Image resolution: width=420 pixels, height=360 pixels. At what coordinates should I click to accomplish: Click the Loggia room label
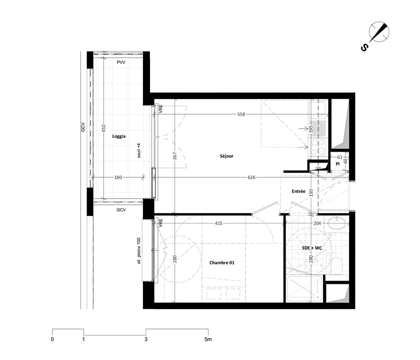(119, 137)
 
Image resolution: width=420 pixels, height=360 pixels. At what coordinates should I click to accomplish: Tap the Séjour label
(227, 156)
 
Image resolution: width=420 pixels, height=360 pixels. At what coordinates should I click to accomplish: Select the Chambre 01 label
(222, 263)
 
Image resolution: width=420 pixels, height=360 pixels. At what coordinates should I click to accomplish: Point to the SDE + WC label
(312, 248)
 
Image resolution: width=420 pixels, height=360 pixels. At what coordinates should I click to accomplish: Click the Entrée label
(298, 191)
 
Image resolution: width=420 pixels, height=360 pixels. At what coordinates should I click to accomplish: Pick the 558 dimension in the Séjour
(241, 114)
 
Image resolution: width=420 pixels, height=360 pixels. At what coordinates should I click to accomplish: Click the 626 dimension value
(252, 177)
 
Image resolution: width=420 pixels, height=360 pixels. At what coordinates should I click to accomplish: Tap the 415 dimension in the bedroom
(218, 223)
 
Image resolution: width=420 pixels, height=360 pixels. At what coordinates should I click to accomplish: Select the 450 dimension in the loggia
(104, 128)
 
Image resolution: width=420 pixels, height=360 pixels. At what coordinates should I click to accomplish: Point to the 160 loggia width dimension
(118, 177)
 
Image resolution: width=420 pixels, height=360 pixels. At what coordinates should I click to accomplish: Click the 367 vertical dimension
(175, 156)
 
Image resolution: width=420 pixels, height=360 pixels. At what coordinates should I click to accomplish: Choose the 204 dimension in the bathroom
(317, 223)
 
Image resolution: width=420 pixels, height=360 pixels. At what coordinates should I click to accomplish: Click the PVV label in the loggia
(121, 63)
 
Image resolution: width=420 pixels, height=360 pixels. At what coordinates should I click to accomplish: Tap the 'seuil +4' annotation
(139, 150)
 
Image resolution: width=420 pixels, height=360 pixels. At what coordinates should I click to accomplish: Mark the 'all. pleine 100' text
(139, 251)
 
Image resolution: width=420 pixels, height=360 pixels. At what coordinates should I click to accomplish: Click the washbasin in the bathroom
(337, 223)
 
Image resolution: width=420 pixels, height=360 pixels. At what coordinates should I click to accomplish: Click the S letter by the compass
(365, 48)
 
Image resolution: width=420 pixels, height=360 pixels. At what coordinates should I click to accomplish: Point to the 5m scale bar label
(208, 339)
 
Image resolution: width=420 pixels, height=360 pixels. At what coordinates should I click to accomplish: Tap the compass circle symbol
(379, 32)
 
